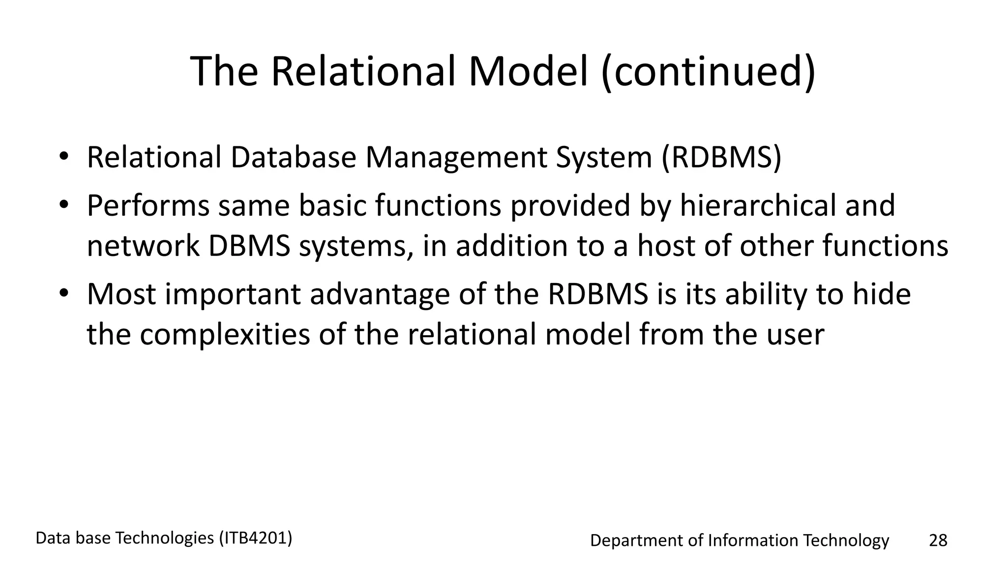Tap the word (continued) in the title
709,72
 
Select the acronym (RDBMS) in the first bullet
721,158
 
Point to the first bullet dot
63,158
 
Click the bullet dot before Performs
63,205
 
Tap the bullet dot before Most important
63,294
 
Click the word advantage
380,295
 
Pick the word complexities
225,335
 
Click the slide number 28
938,540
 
